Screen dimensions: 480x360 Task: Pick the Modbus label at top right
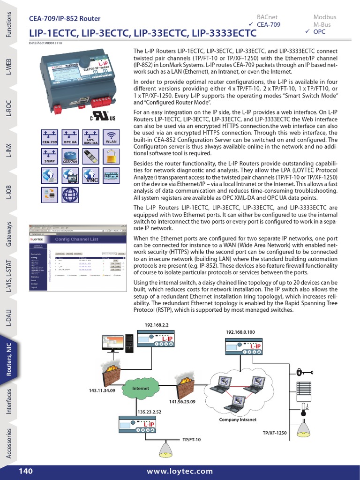[x=324, y=17]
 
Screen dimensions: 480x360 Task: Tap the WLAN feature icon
[x=111, y=135]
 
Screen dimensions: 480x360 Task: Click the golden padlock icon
[x=111, y=156]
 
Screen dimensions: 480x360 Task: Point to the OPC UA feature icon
[x=70, y=135]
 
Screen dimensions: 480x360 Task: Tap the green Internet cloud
[x=140, y=389]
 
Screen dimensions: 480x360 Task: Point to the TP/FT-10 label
[x=191, y=439]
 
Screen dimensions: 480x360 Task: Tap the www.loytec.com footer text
[x=180, y=471]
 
